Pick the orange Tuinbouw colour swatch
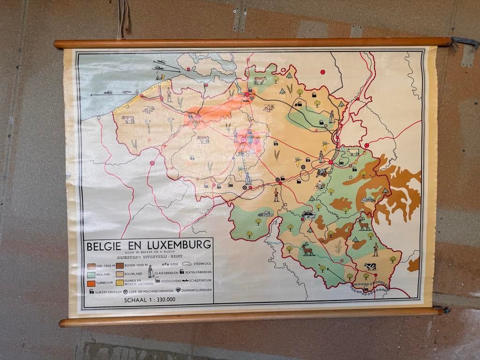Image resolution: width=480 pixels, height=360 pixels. (x=91, y=283)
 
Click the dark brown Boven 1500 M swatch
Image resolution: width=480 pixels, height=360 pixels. (x=120, y=266)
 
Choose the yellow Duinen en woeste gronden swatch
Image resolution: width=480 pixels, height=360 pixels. (x=120, y=283)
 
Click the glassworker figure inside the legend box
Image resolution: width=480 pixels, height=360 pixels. (x=150, y=271)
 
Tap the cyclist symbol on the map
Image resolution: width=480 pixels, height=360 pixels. (x=320, y=186)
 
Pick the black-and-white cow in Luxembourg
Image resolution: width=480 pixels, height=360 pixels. (x=370, y=266)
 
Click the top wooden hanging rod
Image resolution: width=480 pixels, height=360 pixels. (x=253, y=43)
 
